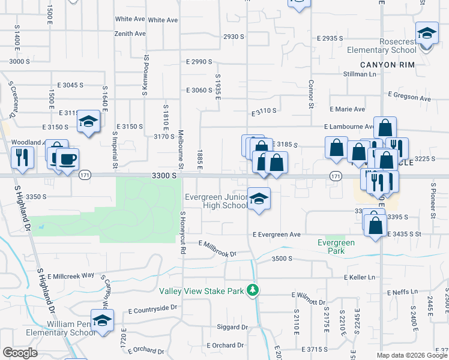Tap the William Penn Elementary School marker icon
[x=102, y=319]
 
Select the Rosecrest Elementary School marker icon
[x=426, y=34]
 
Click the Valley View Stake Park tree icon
[x=253, y=290]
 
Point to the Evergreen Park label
[x=336, y=247]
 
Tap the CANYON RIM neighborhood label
[x=384, y=64]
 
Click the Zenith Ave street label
[x=130, y=34]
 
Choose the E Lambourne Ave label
[x=348, y=127]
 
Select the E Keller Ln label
[x=359, y=277]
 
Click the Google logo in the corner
[x=20, y=353]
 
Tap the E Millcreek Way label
[x=71, y=275]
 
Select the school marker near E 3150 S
[x=88, y=123]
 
